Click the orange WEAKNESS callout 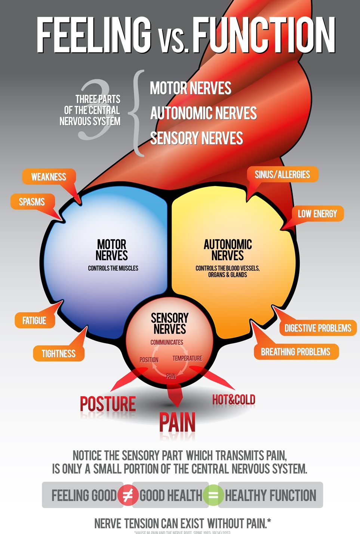pos(49,177)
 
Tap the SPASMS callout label pos(32,202)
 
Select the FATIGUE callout pos(34,321)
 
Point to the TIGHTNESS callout pos(59,354)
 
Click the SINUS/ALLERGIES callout pos(282,175)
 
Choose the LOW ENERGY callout pos(317,214)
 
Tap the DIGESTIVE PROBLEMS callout pos(318,328)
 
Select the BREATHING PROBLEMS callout pos(296,352)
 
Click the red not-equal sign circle pos(127,495)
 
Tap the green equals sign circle pos(213,495)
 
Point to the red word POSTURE pos(108,404)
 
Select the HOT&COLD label pos(234,400)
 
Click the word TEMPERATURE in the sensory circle pos(187,358)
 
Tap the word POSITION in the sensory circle pos(149,360)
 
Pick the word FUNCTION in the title pos(264,36)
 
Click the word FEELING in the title pos(94,36)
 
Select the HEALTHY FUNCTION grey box pos(270,495)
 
